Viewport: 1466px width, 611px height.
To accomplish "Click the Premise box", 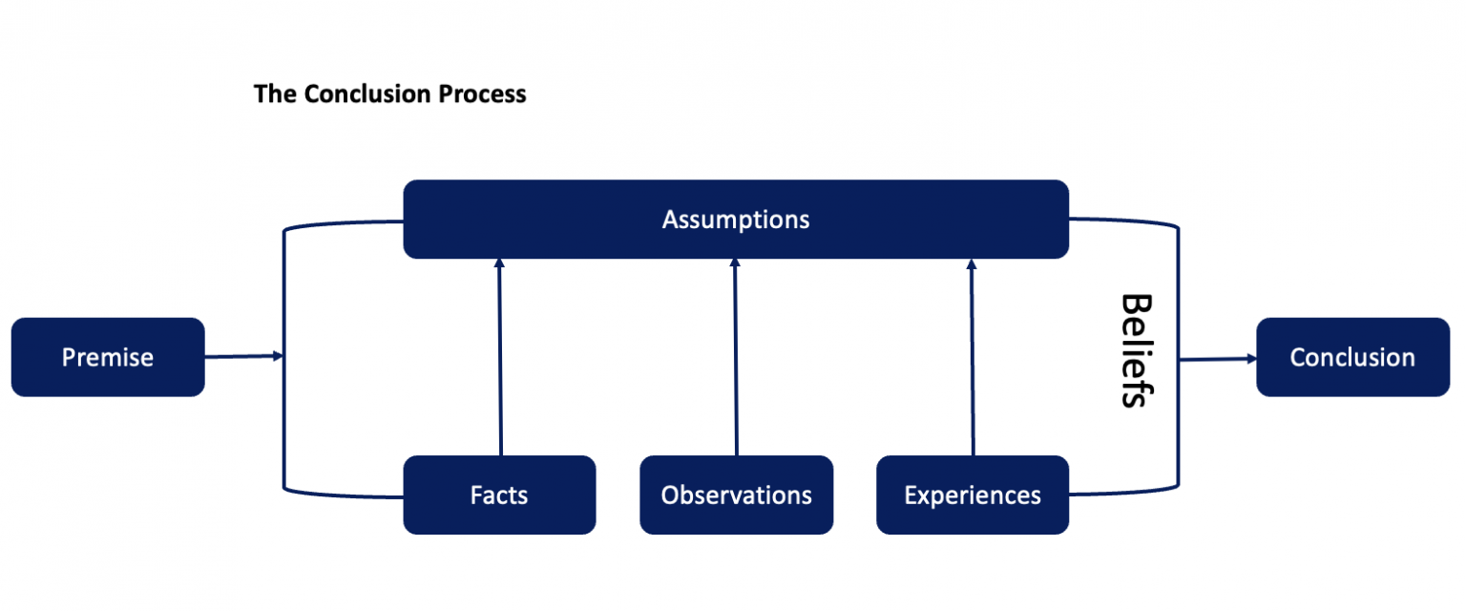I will pyautogui.click(x=108, y=357).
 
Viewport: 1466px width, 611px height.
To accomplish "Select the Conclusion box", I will pyautogui.click(x=1352, y=357).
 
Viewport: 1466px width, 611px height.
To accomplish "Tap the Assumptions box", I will pyautogui.click(x=735, y=220).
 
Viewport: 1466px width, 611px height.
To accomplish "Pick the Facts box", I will pyautogui.click(x=499, y=495).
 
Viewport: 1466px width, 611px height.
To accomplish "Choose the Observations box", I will pyautogui.click(x=736, y=495).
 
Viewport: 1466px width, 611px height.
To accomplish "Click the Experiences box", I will pyautogui.click(x=972, y=495).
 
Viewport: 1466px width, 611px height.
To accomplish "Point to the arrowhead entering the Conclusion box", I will pyautogui.click(x=1249, y=359).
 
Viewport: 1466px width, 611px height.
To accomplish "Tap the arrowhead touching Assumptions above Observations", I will pyautogui.click(x=735, y=263).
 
